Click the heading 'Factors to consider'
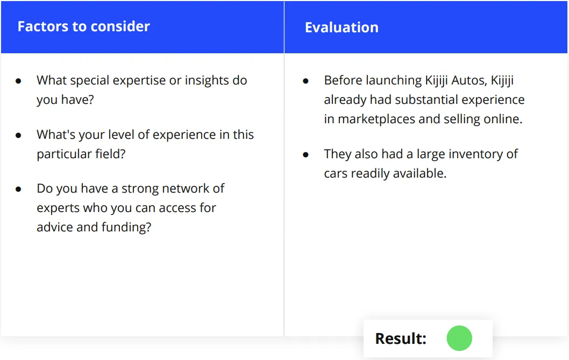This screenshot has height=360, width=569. pos(83,26)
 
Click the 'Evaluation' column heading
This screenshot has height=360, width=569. pos(342,27)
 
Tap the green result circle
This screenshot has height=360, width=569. pos(459,338)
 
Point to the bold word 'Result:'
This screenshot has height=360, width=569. pos(401,338)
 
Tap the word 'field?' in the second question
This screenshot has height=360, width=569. pos(110,154)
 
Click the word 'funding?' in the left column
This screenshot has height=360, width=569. pos(126,227)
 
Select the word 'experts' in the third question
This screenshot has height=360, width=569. pos(58,208)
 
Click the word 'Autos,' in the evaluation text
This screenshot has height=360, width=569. pos(469,80)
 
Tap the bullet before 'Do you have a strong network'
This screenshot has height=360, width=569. pos(18,189)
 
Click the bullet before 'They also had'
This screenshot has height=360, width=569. pos(305,155)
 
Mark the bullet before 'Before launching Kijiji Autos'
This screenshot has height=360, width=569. pos(305,81)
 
